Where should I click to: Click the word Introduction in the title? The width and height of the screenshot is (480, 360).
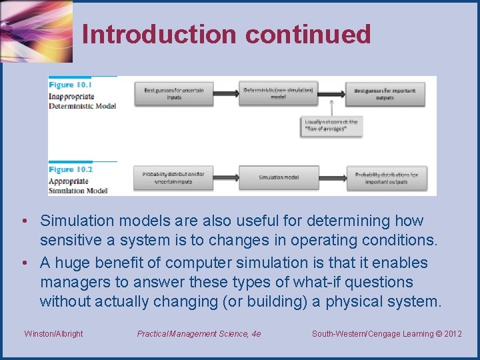159,34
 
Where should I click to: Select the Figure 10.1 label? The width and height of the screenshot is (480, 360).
70,85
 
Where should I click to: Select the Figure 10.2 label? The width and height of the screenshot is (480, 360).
70,169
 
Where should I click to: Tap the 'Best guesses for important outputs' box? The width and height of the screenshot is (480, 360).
385,93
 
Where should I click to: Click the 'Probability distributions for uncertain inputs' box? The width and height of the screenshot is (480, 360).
173,177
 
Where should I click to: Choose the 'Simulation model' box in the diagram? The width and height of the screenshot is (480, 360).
278,177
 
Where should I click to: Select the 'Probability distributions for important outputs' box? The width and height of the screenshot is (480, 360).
386,178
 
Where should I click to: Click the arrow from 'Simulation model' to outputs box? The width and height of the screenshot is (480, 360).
331,177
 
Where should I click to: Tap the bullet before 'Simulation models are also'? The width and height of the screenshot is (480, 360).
23,221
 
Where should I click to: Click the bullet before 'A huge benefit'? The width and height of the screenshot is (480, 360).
23,263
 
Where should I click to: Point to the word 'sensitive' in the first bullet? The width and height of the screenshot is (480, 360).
70,240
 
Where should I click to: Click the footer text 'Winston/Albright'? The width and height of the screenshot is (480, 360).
53,333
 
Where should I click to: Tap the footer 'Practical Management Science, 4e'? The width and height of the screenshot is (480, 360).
199,333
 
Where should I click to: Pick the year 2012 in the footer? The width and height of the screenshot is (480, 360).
451,333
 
